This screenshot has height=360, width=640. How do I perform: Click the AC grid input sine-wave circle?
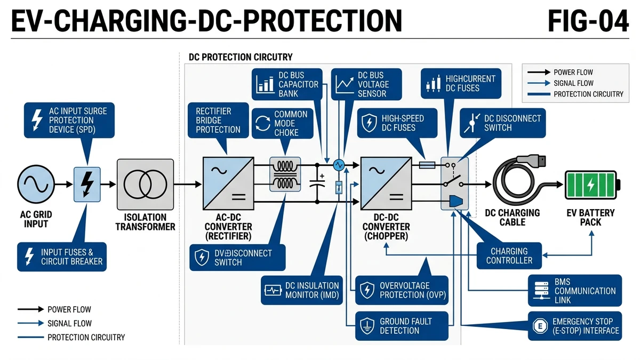pyautogui.click(x=36, y=185)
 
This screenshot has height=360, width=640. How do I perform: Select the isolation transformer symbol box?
pyautogui.click(x=146, y=185)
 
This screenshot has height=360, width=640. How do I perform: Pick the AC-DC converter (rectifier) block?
pyautogui.click(x=228, y=183)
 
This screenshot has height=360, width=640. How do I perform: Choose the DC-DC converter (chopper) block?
pyautogui.click(x=386, y=183)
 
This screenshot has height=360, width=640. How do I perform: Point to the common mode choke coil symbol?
pyautogui.click(x=285, y=174)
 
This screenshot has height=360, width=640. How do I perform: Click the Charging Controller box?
pyautogui.click(x=509, y=255)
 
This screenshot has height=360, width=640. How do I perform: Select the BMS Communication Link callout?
pyautogui.click(x=575, y=291)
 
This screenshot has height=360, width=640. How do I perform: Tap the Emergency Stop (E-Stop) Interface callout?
pyautogui.click(x=575, y=326)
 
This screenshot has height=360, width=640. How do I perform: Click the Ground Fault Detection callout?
pyautogui.click(x=402, y=326)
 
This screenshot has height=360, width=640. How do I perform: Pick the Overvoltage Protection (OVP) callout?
pyautogui.click(x=402, y=290)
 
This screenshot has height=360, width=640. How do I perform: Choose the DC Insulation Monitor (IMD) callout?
pyautogui.click(x=302, y=290)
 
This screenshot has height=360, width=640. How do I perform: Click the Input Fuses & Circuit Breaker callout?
pyautogui.click(x=62, y=257)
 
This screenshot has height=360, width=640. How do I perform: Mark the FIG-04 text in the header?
pyautogui.click(x=588, y=21)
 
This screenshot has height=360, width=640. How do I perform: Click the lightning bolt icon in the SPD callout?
pyautogui.click(x=37, y=119)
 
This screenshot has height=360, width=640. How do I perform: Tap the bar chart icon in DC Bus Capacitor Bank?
pyautogui.click(x=265, y=84)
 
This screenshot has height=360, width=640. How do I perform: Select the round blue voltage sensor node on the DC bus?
pyautogui.click(x=339, y=165)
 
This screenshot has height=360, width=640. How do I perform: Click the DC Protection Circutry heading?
pyautogui.click(x=241, y=57)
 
